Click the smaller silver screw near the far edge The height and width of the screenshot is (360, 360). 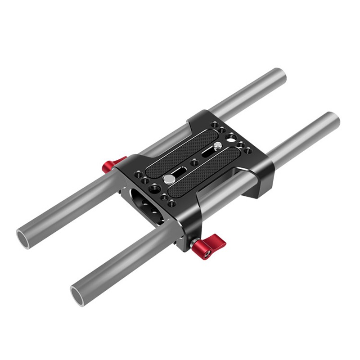[x=217, y=146]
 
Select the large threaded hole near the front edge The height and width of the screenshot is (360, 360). [x=155, y=186]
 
